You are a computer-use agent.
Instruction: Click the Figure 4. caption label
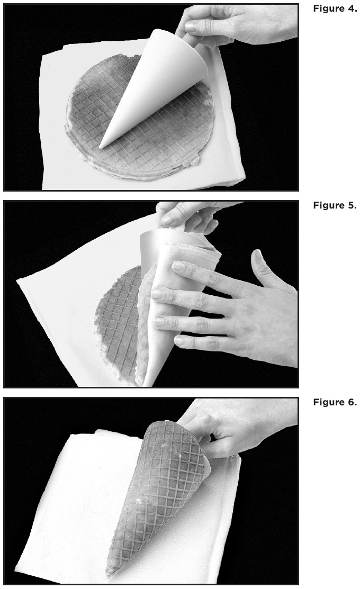(335, 8)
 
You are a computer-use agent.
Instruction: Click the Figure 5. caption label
(335, 205)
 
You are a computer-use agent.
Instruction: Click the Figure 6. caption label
(335, 402)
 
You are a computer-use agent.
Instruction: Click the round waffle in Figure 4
(140, 117)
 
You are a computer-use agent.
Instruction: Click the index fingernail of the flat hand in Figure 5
(178, 267)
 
